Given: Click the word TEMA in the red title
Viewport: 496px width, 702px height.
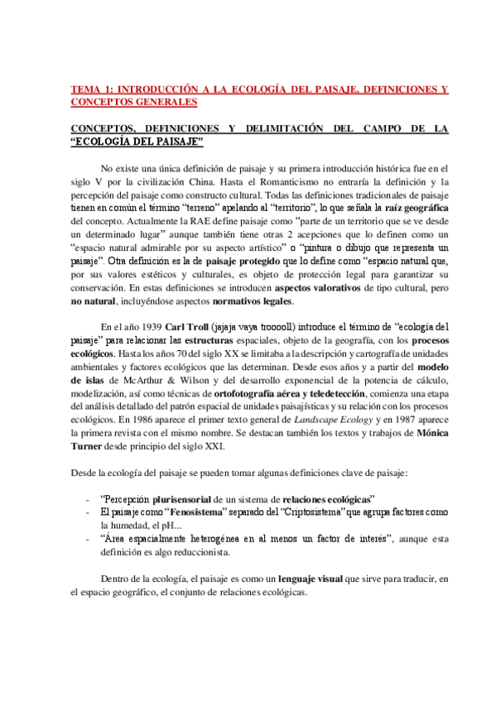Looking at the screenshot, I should pyautogui.click(x=84, y=88).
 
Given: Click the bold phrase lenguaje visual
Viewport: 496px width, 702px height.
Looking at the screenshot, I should pyautogui.click(x=315, y=579).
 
